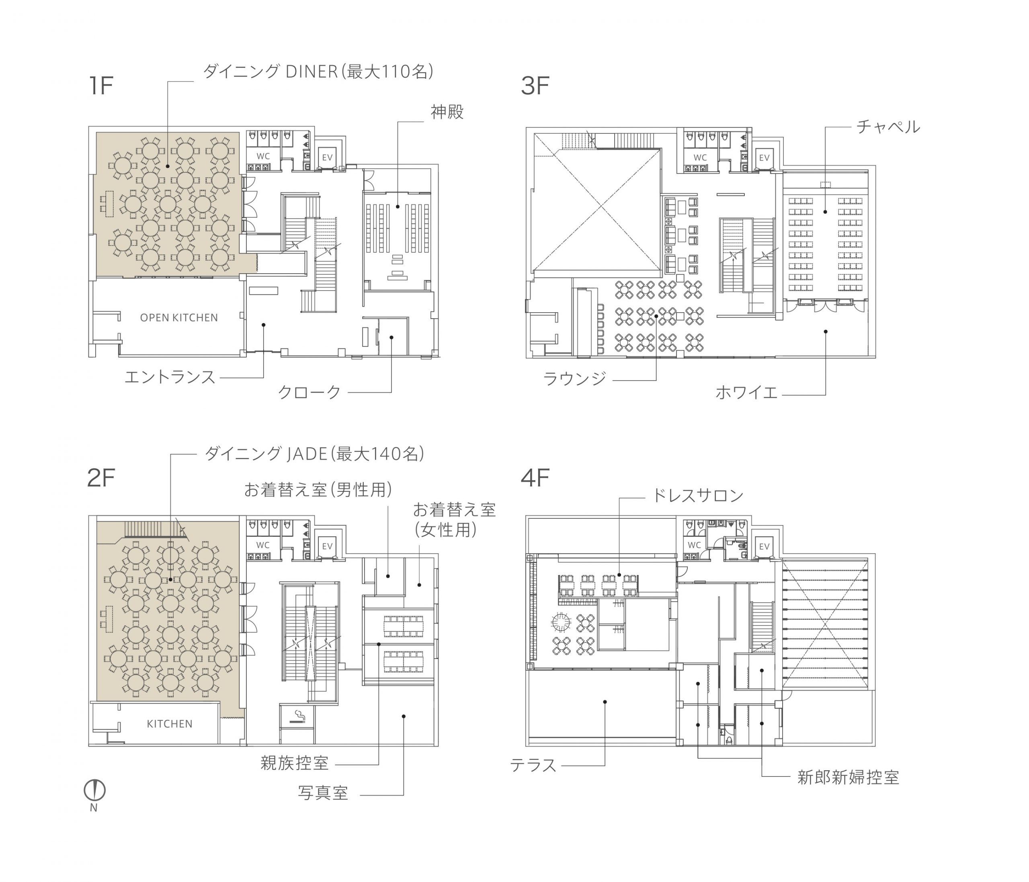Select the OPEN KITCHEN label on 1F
(179, 318)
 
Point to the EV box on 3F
(764, 158)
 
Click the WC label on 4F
(694, 545)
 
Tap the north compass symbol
(94, 790)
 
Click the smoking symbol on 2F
(297, 716)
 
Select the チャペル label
(888, 127)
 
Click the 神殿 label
(447, 112)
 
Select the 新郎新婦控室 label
(848, 777)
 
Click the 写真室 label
(323, 793)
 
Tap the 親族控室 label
(295, 763)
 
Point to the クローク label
(310, 392)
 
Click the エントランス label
(170, 377)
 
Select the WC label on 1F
(263, 156)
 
